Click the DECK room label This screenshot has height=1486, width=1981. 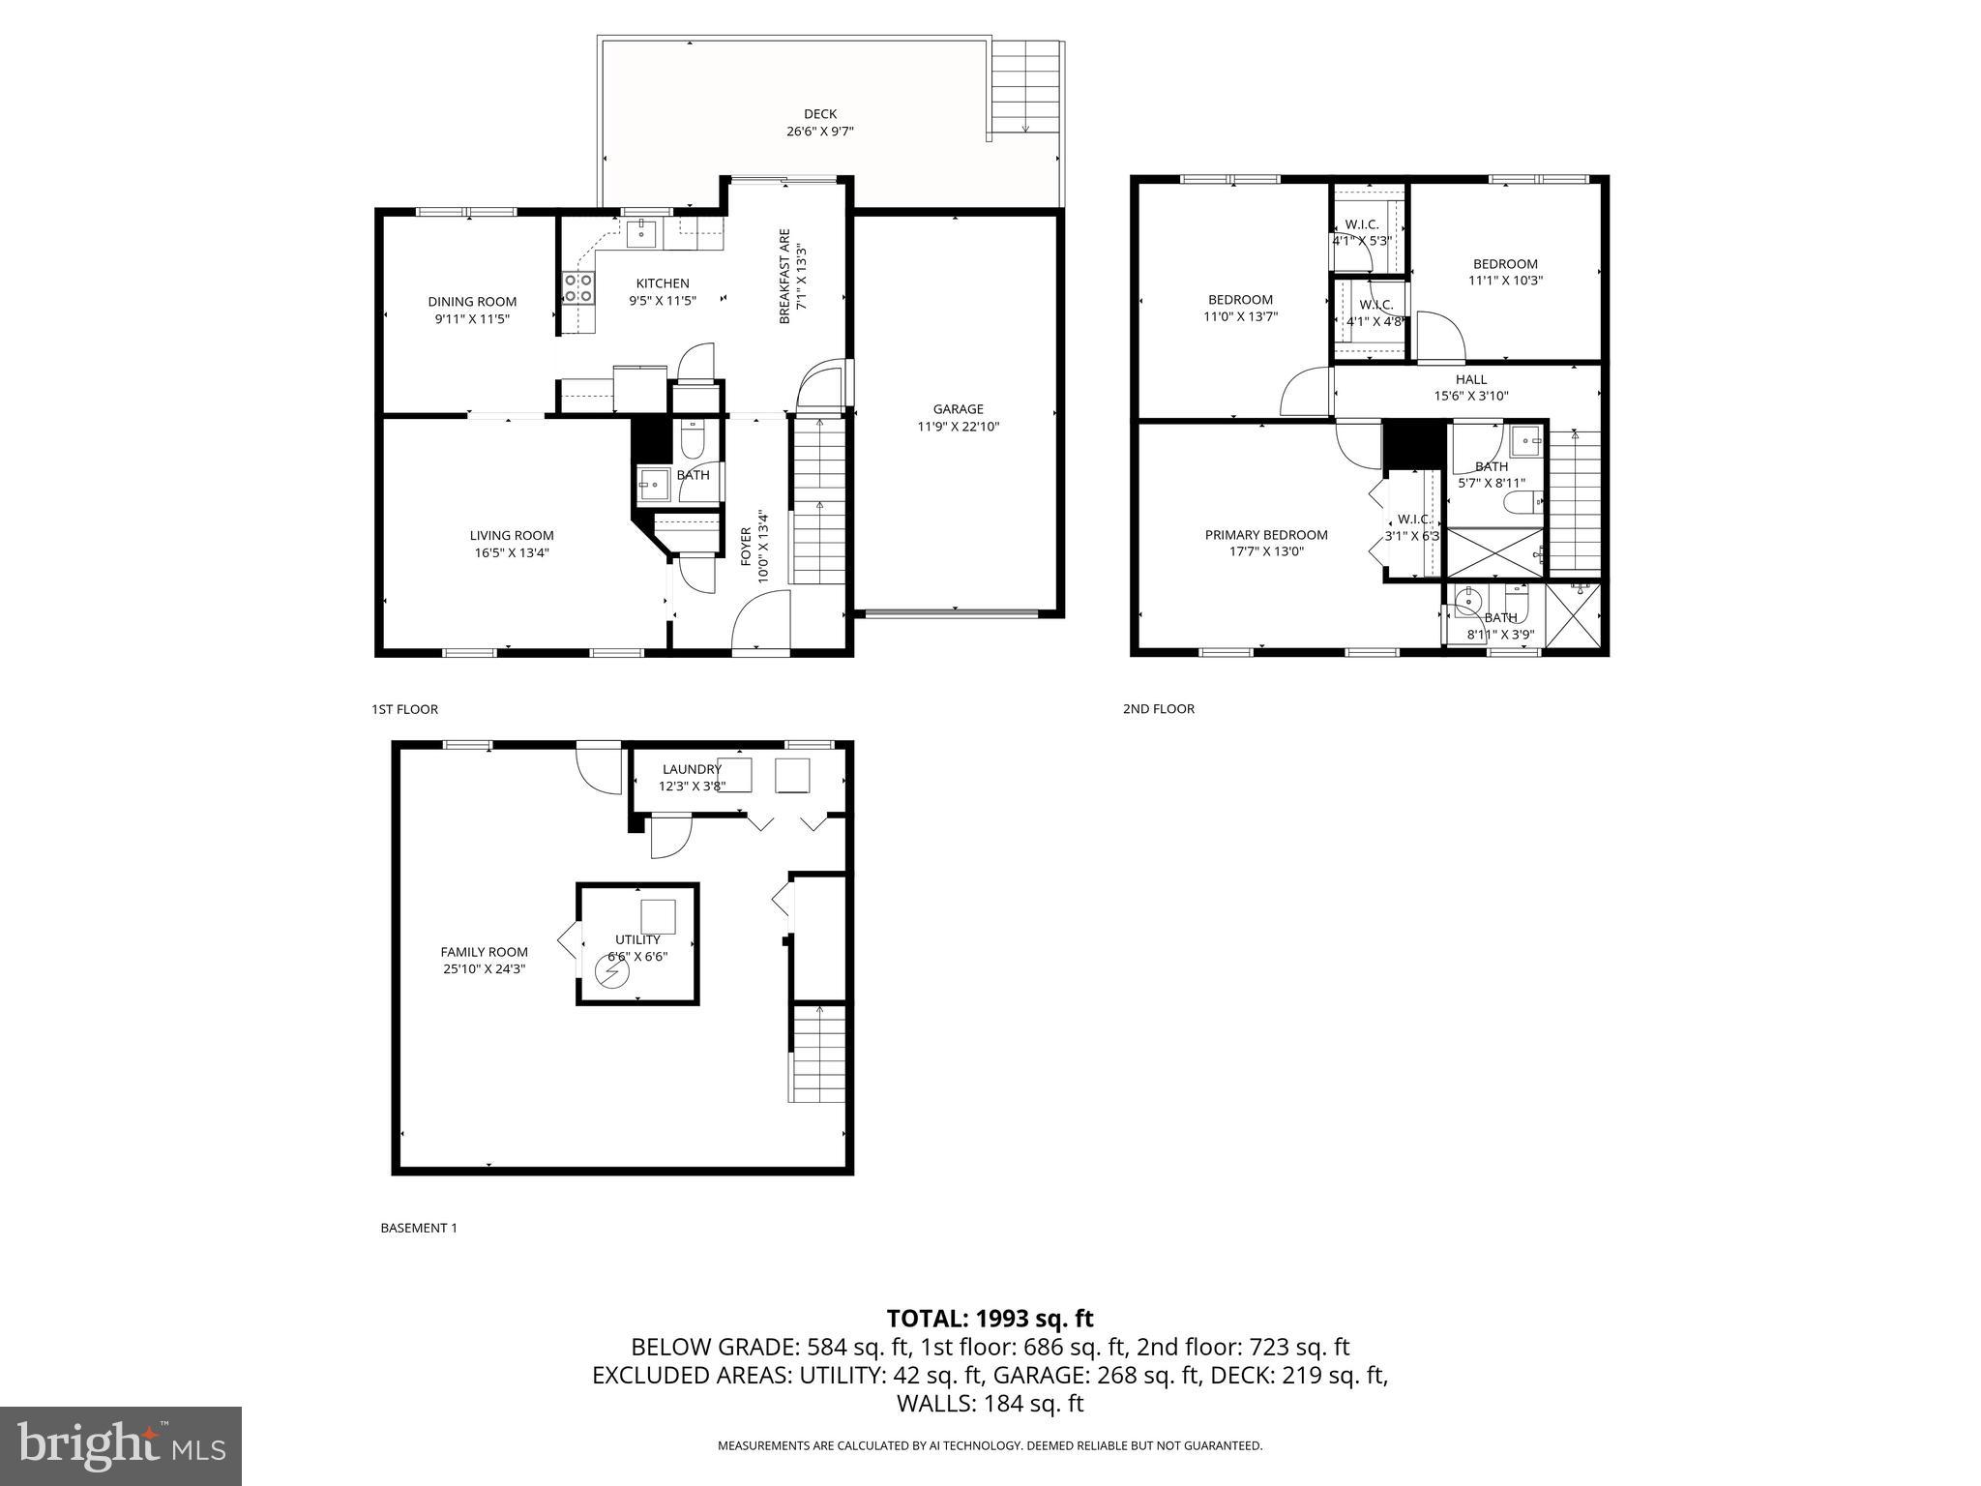click(x=819, y=114)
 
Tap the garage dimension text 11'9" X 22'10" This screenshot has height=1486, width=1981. click(x=958, y=426)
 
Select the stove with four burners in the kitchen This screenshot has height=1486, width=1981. click(x=578, y=288)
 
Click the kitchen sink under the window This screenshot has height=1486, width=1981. click(x=641, y=231)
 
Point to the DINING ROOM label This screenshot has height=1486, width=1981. click(x=472, y=302)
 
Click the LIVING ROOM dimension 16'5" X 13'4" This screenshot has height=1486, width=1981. click(x=512, y=552)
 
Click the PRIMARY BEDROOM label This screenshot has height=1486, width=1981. click(x=1265, y=535)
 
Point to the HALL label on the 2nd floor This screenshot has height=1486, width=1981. click(x=1470, y=379)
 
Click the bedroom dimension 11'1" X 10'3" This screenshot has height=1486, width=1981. click(x=1505, y=281)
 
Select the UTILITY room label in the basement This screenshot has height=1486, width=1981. click(x=637, y=939)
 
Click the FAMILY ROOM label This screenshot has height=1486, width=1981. click(x=484, y=952)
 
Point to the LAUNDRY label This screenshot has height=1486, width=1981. click(x=692, y=769)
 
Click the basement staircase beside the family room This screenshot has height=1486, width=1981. click(x=818, y=1053)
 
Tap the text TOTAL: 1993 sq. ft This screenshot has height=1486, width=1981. click(x=990, y=1319)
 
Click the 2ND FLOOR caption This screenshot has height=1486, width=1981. click(x=1158, y=709)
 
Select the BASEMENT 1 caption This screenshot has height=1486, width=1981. click(x=418, y=1228)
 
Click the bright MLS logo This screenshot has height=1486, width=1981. click(x=121, y=1445)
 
